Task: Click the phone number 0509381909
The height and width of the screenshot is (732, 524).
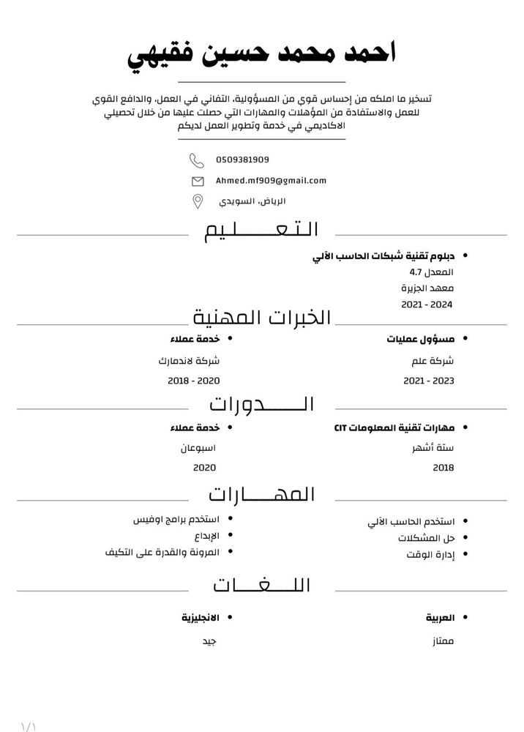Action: click(242, 160)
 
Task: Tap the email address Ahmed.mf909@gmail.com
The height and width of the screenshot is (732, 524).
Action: click(271, 180)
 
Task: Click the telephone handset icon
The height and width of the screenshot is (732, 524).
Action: click(197, 160)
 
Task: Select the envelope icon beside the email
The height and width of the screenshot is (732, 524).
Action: click(198, 181)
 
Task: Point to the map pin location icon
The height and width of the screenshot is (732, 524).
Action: click(198, 201)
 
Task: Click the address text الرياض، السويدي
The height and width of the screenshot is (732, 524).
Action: click(250, 201)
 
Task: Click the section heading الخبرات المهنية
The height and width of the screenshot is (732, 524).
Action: click(262, 318)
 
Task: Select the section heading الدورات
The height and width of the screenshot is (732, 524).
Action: click(262, 403)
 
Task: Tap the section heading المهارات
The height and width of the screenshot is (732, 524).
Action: click(262, 494)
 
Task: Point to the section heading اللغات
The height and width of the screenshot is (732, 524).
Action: click(262, 585)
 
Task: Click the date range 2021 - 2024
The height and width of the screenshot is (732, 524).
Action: click(428, 302)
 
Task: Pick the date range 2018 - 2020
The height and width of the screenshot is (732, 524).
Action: click(194, 381)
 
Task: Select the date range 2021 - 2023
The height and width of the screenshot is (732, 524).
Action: click(429, 381)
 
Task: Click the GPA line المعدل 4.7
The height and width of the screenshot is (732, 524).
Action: click(438, 272)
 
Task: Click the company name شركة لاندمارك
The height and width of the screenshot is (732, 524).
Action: click(189, 361)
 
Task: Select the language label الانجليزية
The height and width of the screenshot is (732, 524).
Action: click(201, 619)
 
